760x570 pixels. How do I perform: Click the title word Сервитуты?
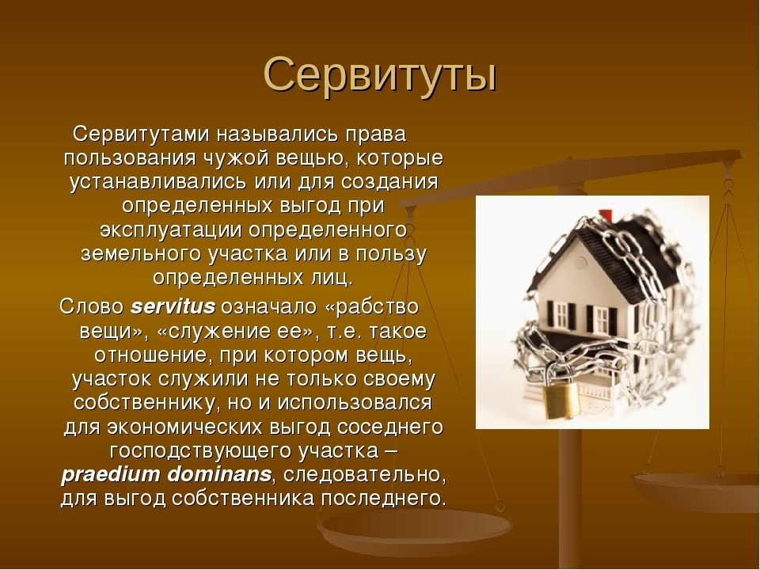click(x=380, y=74)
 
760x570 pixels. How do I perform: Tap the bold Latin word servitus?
click(x=173, y=306)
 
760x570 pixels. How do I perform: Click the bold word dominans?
click(x=219, y=474)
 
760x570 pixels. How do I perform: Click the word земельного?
click(x=141, y=254)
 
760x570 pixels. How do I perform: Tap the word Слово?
click(x=92, y=306)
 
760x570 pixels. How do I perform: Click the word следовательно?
click(x=364, y=475)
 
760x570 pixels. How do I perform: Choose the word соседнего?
click(x=390, y=427)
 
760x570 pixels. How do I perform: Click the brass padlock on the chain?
click(x=561, y=400)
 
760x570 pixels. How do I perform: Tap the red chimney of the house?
click(x=606, y=215)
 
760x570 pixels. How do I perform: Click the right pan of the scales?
click(x=694, y=489)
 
